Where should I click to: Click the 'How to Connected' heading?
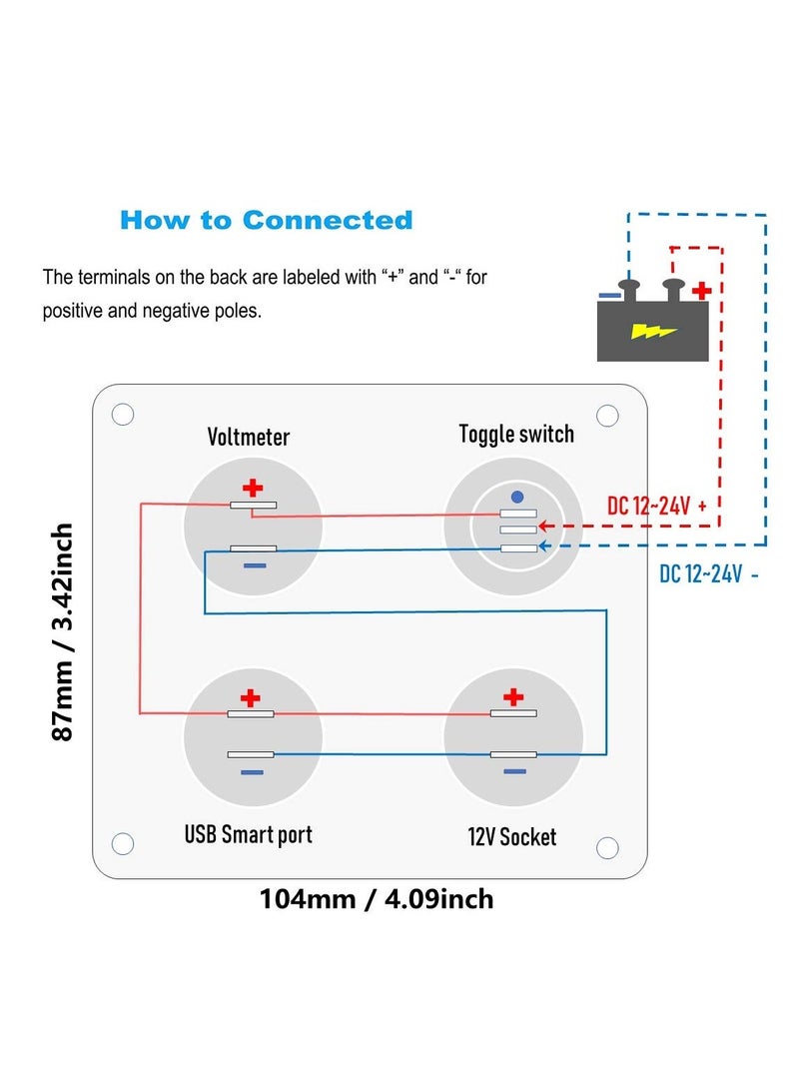point(266,220)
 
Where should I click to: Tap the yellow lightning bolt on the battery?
point(654,331)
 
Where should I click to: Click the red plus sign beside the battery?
point(702,291)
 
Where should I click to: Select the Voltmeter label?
point(249,437)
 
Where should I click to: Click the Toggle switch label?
point(516,434)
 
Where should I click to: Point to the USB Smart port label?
point(249,833)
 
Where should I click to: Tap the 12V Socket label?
point(512,836)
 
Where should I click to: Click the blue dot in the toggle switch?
point(516,497)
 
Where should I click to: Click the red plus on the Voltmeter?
point(254,488)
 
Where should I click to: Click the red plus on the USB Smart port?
point(250,697)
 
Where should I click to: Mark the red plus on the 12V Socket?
point(513,696)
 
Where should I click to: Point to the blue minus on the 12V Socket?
point(513,771)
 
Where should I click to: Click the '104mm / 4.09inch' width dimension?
point(377,899)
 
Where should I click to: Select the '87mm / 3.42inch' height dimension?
point(63,630)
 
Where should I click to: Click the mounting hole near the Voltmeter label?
point(123,415)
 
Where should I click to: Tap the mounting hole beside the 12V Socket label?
point(607,847)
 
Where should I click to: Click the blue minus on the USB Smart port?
point(252,772)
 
